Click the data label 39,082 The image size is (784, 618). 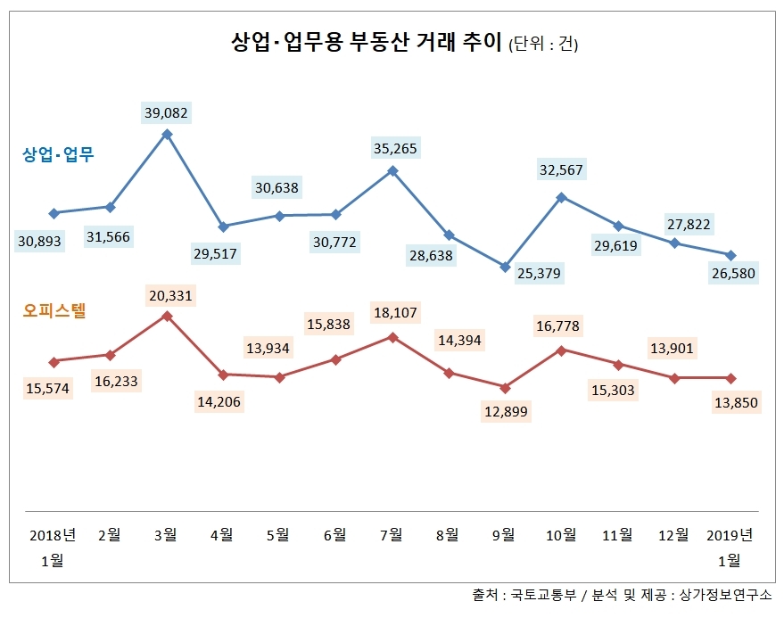(x=167, y=112)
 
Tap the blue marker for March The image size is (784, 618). (x=167, y=135)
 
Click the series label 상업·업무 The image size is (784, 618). (x=58, y=154)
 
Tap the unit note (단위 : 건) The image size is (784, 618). (x=543, y=45)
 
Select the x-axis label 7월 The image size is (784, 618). (x=391, y=535)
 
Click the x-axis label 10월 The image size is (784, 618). (x=560, y=535)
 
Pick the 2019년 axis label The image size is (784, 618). (x=729, y=535)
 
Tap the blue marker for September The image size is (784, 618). (x=505, y=267)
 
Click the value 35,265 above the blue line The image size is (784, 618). (x=393, y=148)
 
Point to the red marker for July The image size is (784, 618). (x=392, y=337)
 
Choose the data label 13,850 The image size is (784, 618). (x=735, y=402)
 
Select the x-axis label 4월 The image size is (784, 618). (x=222, y=535)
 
